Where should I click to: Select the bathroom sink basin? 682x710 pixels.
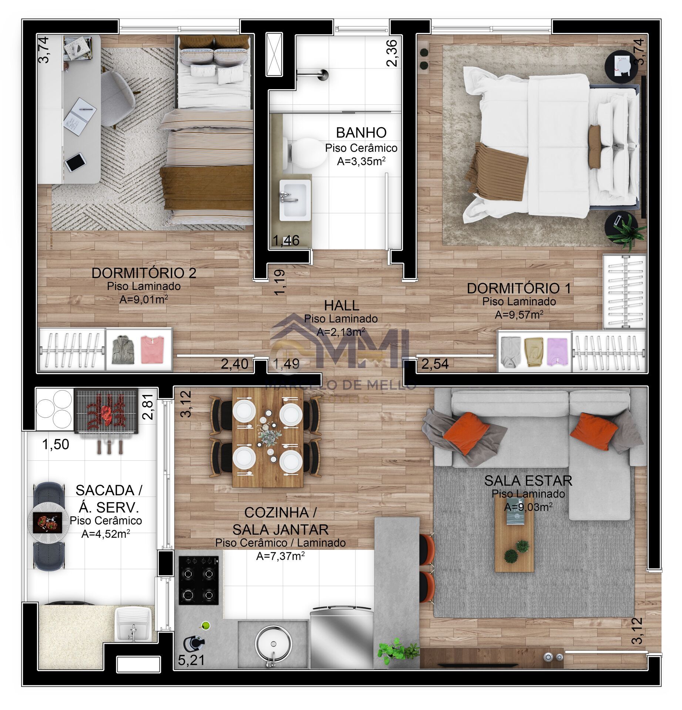pyautogui.click(x=295, y=200)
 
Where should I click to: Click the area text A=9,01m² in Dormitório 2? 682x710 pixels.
pyautogui.click(x=144, y=299)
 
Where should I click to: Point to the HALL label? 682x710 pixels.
pyautogui.click(x=341, y=305)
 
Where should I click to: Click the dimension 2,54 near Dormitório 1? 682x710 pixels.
pyautogui.click(x=435, y=364)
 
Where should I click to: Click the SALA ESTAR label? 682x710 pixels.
pyautogui.click(x=528, y=481)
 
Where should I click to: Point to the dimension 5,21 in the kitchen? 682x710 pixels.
pyautogui.click(x=191, y=660)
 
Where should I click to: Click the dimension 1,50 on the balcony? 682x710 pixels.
pyautogui.click(x=56, y=444)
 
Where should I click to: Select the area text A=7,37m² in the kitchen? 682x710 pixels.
pyautogui.click(x=280, y=555)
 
